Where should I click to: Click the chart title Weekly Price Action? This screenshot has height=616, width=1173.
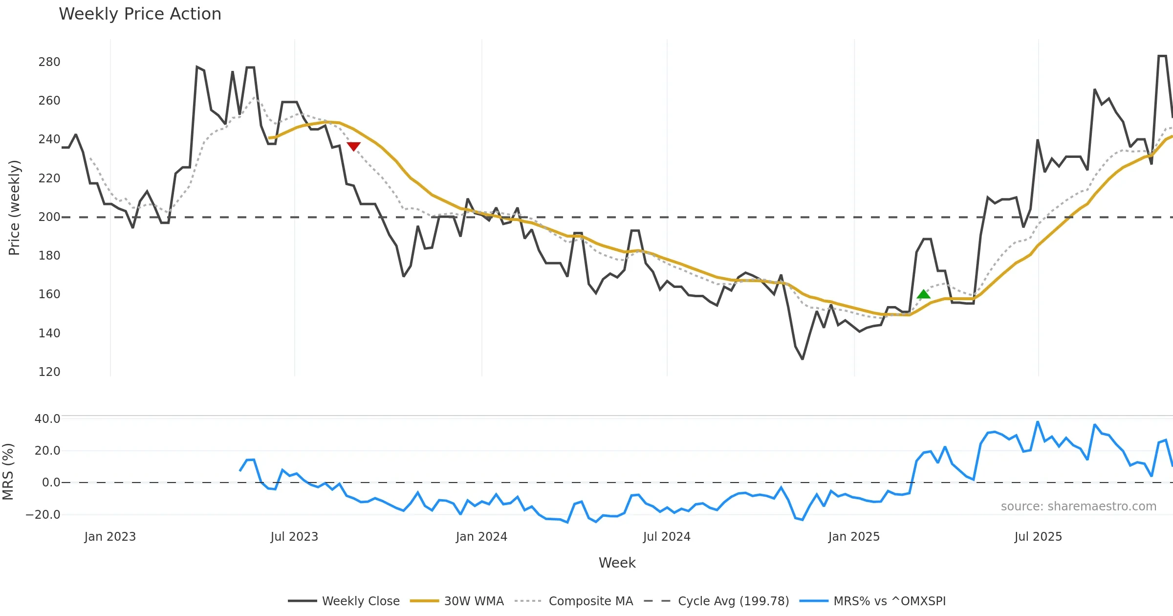pyautogui.click(x=140, y=14)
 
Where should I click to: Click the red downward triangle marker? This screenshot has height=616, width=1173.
pyautogui.click(x=353, y=146)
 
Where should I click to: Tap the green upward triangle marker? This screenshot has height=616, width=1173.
pyautogui.click(x=923, y=294)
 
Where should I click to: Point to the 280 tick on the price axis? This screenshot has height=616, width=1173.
pyautogui.click(x=49, y=62)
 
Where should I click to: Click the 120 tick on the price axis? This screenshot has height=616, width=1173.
pyautogui.click(x=49, y=372)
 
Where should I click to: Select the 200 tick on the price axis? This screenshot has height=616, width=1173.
pyautogui.click(x=49, y=217)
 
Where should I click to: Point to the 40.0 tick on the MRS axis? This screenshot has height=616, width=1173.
pyautogui.click(x=47, y=419)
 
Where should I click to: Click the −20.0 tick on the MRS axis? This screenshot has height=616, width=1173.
pyautogui.click(x=43, y=515)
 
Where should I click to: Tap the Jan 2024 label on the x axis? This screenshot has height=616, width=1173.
pyautogui.click(x=481, y=537)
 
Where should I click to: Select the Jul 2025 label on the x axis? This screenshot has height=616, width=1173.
pyautogui.click(x=1038, y=537)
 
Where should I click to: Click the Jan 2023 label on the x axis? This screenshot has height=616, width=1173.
pyautogui.click(x=110, y=537)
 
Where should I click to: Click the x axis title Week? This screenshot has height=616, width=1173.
pyautogui.click(x=617, y=563)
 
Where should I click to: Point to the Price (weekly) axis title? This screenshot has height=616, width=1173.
pyautogui.click(x=15, y=208)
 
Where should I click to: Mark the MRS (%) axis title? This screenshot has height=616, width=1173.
pyautogui.click(x=8, y=472)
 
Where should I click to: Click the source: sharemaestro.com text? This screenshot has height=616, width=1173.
pyautogui.click(x=1078, y=506)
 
